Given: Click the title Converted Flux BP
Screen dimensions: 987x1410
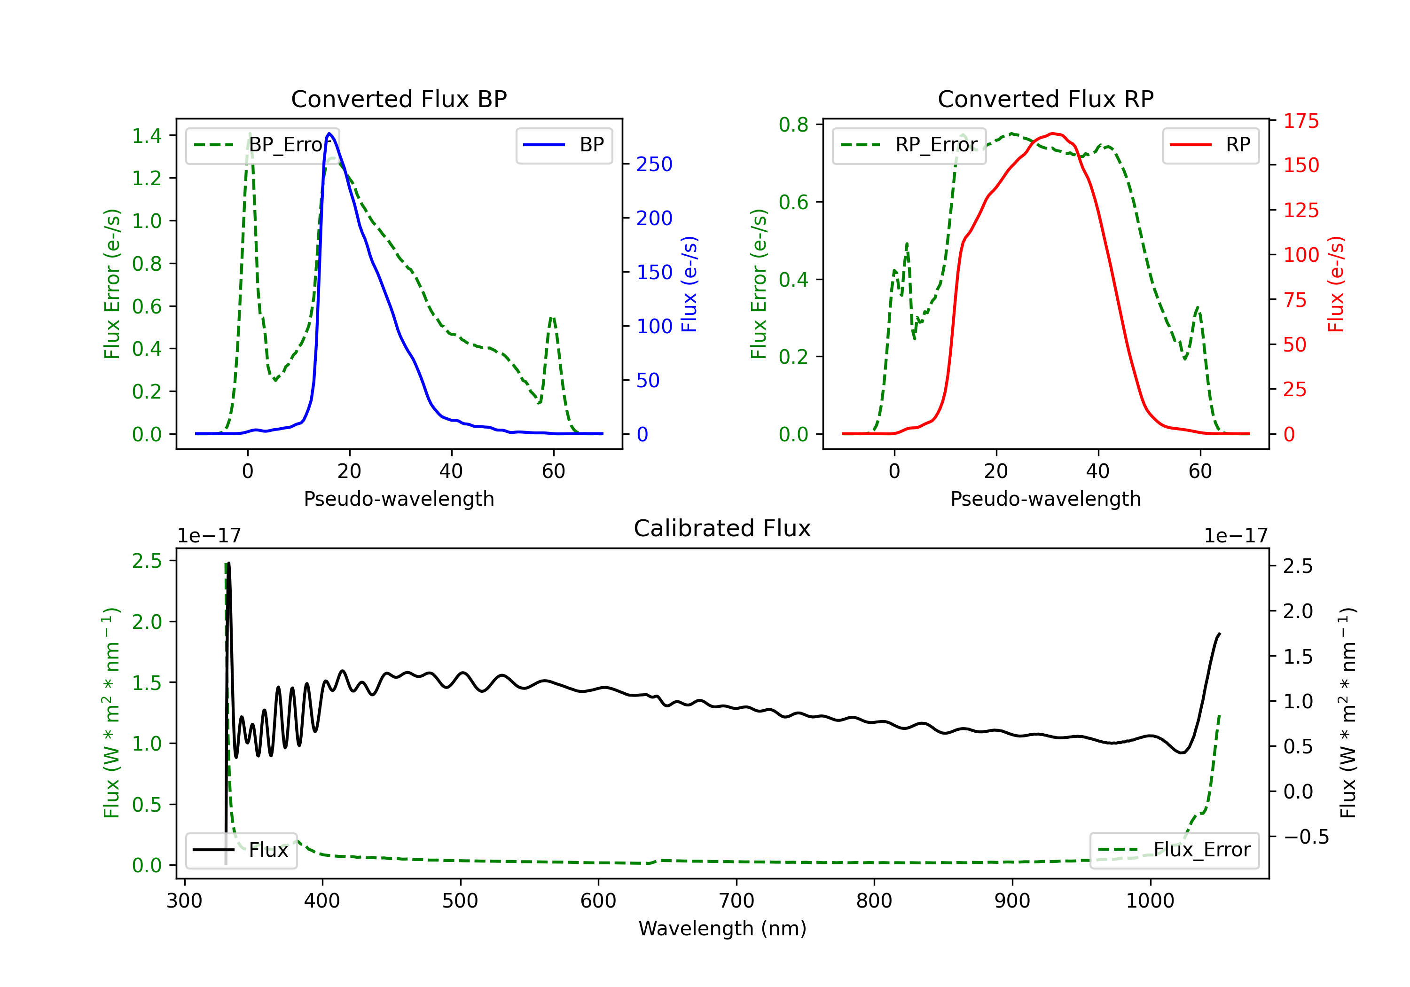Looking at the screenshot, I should (399, 99).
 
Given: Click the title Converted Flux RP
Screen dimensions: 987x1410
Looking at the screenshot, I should (1045, 99).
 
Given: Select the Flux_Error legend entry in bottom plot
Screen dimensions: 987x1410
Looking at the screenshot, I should (1174, 850).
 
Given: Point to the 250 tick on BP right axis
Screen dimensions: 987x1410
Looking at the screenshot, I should (654, 164).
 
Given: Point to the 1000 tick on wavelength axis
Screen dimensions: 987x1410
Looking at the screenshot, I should (1150, 901).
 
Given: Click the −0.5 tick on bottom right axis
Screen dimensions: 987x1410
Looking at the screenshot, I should (1306, 837).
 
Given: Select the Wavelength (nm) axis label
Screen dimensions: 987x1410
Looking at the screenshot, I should (722, 929).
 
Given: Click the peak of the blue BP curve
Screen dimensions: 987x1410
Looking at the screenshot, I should (330, 133).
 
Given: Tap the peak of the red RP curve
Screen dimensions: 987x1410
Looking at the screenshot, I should (1053, 133).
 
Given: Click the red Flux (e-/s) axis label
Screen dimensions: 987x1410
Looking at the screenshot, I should (1336, 284).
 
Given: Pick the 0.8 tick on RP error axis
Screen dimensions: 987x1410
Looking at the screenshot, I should (793, 125).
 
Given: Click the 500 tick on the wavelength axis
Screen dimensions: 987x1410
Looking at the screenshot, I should (460, 901).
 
